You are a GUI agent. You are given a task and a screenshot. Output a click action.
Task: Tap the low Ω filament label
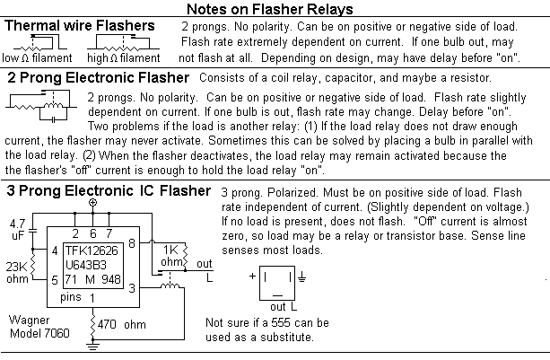pos(36,57)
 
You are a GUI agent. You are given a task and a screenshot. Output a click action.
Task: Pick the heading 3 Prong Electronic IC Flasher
pos(109,190)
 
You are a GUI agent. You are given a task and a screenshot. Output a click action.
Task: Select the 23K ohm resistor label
pos(17,272)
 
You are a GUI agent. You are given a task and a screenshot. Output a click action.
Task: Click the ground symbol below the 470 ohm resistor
pos(92,342)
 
